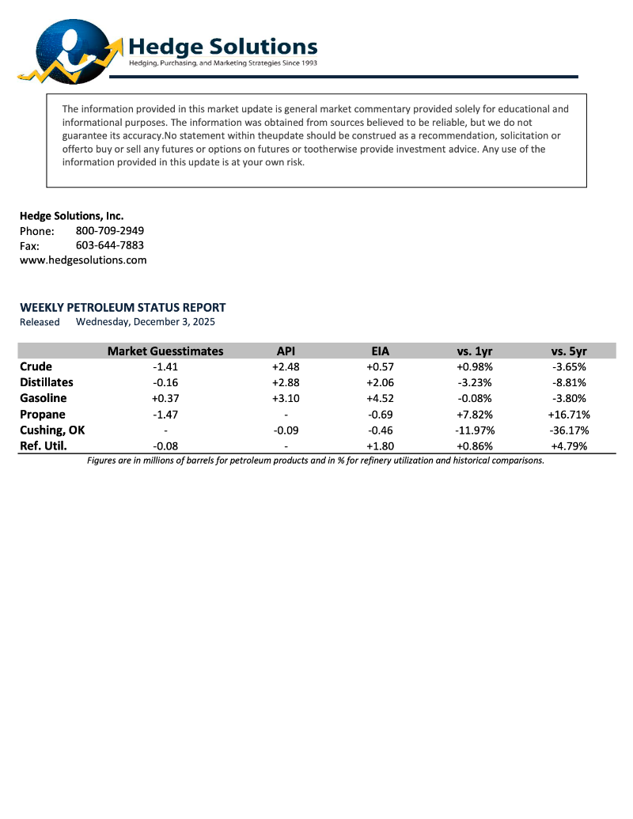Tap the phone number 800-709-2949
point(110,230)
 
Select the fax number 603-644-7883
point(110,245)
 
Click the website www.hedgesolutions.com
point(83,260)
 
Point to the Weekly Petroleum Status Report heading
point(123,307)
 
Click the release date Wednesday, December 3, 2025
point(146,322)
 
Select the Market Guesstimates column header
point(165,351)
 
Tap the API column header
point(286,351)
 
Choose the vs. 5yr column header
point(569,351)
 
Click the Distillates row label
point(47,382)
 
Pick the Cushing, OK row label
point(52,430)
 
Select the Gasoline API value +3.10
point(286,398)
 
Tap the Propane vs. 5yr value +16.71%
point(569,414)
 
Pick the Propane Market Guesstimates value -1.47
point(165,414)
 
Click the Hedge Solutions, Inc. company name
point(72,215)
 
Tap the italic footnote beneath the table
point(316,460)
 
